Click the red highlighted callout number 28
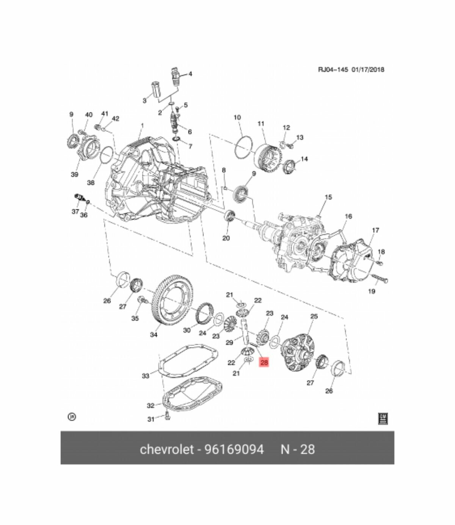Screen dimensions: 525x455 [264, 362]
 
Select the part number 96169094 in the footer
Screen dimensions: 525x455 [234, 449]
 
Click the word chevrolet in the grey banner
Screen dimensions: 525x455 [167, 449]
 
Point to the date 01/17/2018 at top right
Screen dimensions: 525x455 [368, 69]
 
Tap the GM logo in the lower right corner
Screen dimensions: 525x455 [383, 418]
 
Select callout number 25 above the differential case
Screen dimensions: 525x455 [314, 316]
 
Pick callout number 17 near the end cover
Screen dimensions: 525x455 [375, 230]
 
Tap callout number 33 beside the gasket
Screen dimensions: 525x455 [146, 376]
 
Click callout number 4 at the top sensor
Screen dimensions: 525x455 [190, 74]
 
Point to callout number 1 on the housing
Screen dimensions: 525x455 [143, 125]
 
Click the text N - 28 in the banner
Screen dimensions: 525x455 [298, 449]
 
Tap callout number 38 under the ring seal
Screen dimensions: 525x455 [91, 182]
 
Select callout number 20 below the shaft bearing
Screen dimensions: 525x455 [226, 238]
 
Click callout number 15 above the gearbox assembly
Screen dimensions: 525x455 [328, 197]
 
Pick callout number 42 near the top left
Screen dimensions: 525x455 [116, 119]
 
